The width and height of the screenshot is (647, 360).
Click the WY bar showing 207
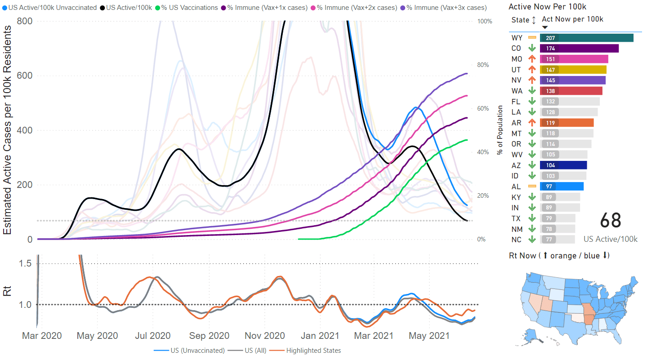(x=586, y=38)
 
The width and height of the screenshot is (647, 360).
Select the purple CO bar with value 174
(x=579, y=49)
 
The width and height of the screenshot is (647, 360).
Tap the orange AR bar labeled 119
(x=567, y=123)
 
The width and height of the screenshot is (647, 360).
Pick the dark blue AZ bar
(x=563, y=165)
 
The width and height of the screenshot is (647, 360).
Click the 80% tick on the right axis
(x=482, y=65)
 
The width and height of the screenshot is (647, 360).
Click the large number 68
(x=610, y=221)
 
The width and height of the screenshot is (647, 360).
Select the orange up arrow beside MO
(x=532, y=59)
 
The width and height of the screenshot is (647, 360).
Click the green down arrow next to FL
(x=532, y=102)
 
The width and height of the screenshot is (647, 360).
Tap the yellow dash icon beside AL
(x=532, y=186)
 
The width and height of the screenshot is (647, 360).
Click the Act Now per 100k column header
(x=572, y=19)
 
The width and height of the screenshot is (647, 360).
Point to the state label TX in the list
(x=516, y=218)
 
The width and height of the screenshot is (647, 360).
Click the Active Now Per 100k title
(x=547, y=7)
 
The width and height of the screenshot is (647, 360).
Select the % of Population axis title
(x=500, y=130)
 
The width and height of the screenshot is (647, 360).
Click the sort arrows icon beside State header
(x=534, y=20)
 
